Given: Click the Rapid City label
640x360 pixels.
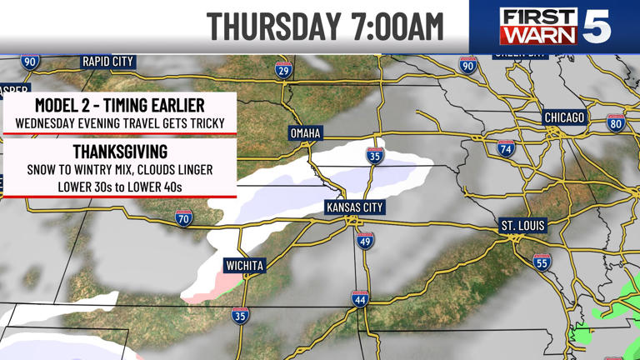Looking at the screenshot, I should pyautogui.click(x=108, y=62).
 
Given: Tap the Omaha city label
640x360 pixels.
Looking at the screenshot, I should pyautogui.click(x=305, y=133).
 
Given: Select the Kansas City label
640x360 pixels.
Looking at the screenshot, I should pyautogui.click(x=352, y=206).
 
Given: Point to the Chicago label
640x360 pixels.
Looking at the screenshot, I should pyautogui.click(x=564, y=117).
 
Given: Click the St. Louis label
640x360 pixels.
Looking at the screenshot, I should pyautogui.click(x=521, y=226).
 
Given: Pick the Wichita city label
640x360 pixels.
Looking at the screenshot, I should pyautogui.click(x=245, y=266).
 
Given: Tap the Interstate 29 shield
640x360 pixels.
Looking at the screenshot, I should pyautogui.click(x=284, y=72).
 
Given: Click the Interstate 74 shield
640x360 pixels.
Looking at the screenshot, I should pyautogui.click(x=505, y=149).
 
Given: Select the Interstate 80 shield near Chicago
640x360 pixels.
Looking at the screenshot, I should pyautogui.click(x=616, y=123).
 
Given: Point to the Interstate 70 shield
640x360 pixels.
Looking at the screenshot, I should pyautogui.click(x=184, y=219).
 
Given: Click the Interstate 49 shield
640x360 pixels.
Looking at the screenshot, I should pyautogui.click(x=365, y=241).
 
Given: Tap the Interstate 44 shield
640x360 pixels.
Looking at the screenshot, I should pyautogui.click(x=360, y=298).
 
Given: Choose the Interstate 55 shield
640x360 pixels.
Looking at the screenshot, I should pyautogui.click(x=542, y=262).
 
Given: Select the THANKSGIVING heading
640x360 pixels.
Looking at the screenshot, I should pyautogui.click(x=120, y=152).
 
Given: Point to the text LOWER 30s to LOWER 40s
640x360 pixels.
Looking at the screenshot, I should pyautogui.click(x=120, y=186).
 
